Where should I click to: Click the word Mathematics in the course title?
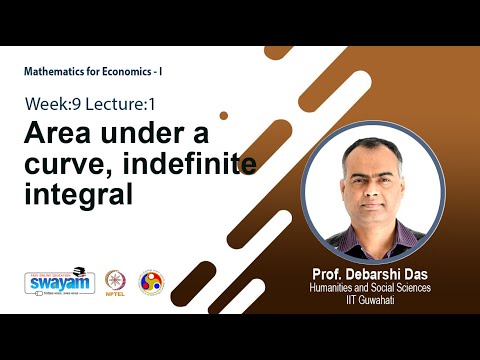55,72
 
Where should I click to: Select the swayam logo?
58,282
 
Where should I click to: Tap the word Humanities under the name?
337,288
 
